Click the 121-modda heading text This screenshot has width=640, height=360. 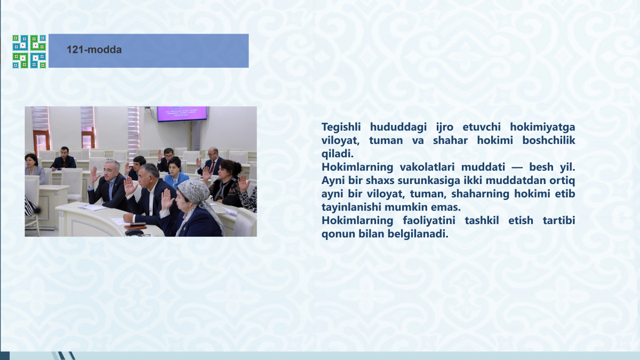pyautogui.click(x=94, y=50)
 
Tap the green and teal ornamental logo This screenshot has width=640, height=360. pyautogui.click(x=29, y=51)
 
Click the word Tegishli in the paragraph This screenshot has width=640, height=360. pyautogui.click(x=341, y=127)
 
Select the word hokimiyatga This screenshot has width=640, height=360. pyautogui.click(x=542, y=127)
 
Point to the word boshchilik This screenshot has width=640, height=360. pyautogui.click(x=549, y=140)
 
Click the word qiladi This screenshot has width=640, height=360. pyautogui.click(x=338, y=154)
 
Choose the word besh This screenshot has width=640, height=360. pyautogui.click(x=541, y=167)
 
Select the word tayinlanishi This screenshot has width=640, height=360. pyautogui.click(x=351, y=207)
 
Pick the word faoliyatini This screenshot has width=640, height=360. pyautogui.click(x=429, y=221)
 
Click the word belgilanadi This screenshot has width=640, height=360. pyautogui.click(x=418, y=234)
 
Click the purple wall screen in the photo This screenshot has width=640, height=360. pyautogui.click(x=182, y=114)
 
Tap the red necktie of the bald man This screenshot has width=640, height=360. pyautogui.click(x=213, y=167)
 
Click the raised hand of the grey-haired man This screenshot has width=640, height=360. pyautogui.click(x=93, y=174)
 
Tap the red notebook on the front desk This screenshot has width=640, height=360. pyautogui.click(x=135, y=227)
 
